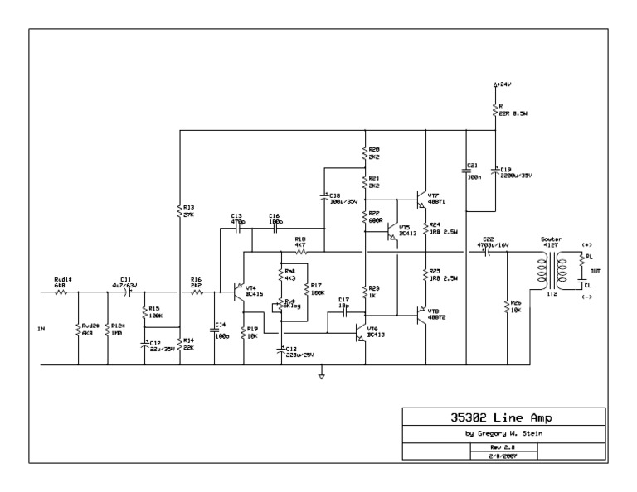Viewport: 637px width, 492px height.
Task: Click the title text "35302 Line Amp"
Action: (503, 418)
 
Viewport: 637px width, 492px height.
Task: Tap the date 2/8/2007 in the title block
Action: (504, 455)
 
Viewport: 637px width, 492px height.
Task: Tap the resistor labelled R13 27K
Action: (181, 210)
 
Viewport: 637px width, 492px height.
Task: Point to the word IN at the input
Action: (41, 329)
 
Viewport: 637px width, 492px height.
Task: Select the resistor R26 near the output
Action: (506, 306)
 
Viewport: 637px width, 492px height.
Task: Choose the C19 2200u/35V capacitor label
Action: (514, 171)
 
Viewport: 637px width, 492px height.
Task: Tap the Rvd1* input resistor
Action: (61, 292)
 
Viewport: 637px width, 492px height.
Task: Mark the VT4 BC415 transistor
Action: (239, 292)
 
